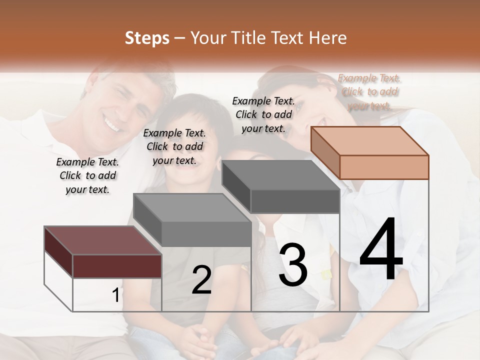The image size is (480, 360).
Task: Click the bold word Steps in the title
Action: (x=147, y=38)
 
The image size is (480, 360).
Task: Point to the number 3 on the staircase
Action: (x=293, y=265)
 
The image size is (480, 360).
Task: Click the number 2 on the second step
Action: (x=201, y=280)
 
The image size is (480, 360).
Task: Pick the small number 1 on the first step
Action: (x=115, y=295)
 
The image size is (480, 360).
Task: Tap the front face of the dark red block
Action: (x=117, y=266)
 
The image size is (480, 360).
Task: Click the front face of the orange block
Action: (x=384, y=167)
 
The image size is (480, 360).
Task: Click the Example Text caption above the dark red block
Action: (x=87, y=175)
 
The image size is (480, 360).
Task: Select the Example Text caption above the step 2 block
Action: (x=174, y=146)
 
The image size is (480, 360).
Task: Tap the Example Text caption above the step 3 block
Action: (x=263, y=114)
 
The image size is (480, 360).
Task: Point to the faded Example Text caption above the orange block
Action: (x=369, y=91)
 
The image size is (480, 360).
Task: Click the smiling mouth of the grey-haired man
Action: (x=113, y=121)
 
